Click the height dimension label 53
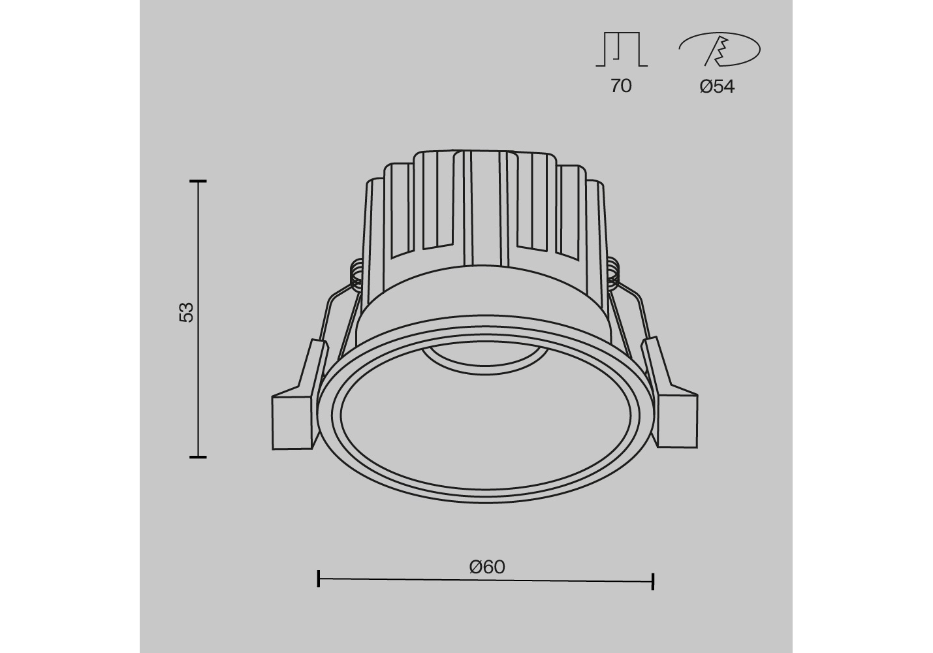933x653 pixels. point(186,312)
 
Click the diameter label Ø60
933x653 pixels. point(487,567)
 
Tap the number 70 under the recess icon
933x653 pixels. point(621,86)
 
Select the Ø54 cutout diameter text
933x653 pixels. point(717,87)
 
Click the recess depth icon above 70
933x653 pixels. point(622,49)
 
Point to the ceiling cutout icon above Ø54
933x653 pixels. point(720,49)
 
